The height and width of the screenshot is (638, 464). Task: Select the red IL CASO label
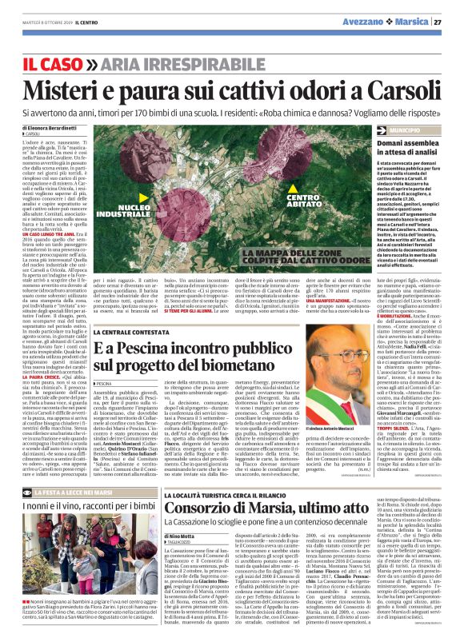(52, 63)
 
